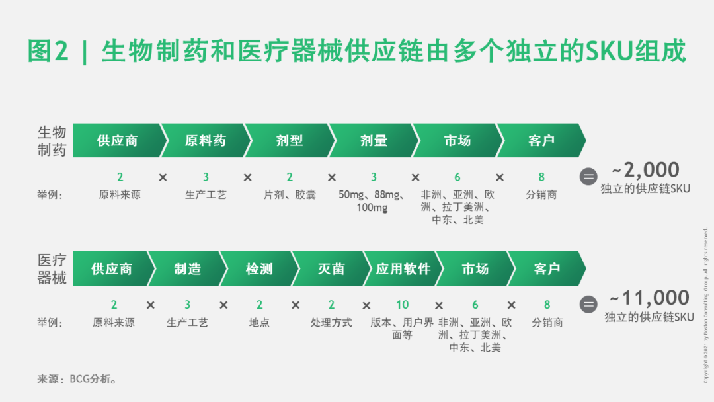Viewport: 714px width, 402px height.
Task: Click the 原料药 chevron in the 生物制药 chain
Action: pyautogui.click(x=205, y=141)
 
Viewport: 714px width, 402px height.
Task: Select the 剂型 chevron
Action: pyautogui.click(x=289, y=141)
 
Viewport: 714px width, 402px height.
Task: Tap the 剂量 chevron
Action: pyautogui.click(x=374, y=141)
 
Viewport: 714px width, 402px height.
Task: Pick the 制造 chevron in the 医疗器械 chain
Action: pyautogui.click(x=188, y=269)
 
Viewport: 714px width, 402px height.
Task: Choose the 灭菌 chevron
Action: pyautogui.click(x=331, y=269)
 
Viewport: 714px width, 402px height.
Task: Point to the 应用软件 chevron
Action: pyautogui.click(x=403, y=269)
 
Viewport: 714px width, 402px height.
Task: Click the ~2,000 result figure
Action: pyautogui.click(x=645, y=170)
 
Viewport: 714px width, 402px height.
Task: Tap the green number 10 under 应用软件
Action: pyautogui.click(x=403, y=305)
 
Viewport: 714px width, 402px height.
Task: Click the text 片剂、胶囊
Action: pyautogui.click(x=290, y=195)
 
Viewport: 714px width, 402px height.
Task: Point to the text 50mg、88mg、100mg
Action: pyautogui.click(x=373, y=201)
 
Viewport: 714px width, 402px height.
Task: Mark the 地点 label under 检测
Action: pyautogui.click(x=259, y=323)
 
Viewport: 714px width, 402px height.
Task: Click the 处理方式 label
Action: pyautogui.click(x=331, y=323)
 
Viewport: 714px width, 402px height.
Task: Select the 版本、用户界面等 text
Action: pyautogui.click(x=403, y=329)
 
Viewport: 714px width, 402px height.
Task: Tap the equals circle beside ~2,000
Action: pyautogui.click(x=588, y=177)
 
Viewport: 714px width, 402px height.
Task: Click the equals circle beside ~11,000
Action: pyautogui.click(x=588, y=304)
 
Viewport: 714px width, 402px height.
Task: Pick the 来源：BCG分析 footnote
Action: pyautogui.click(x=78, y=380)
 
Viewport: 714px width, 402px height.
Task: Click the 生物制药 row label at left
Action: pyautogui.click(x=52, y=141)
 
